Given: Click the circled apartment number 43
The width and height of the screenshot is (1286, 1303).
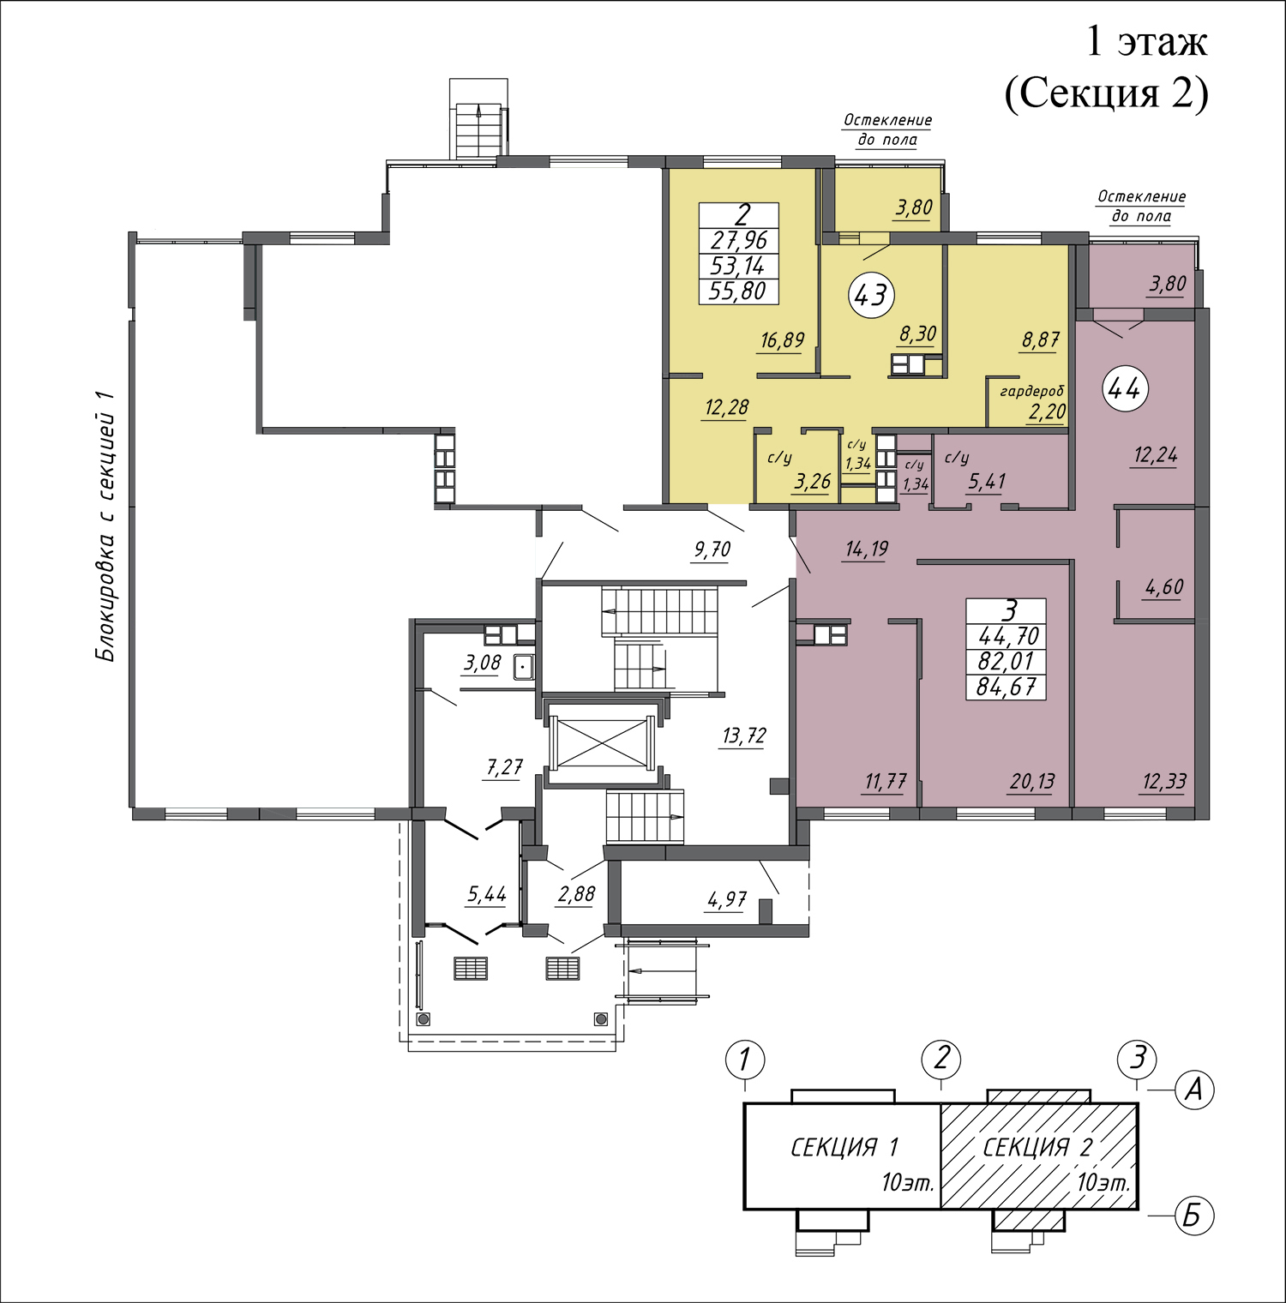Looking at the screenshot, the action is tap(871, 295).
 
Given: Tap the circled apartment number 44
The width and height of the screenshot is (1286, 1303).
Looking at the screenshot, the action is tap(1125, 389).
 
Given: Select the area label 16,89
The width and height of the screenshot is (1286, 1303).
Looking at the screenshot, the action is tap(782, 340).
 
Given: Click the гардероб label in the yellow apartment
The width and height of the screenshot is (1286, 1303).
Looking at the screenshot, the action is tap(1032, 392).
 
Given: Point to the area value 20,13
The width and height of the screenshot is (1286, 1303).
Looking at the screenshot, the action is tap(1032, 782).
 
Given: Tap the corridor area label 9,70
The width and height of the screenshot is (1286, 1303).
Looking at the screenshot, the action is tap(712, 549).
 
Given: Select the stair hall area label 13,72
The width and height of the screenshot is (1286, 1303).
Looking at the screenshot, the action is tap(743, 736).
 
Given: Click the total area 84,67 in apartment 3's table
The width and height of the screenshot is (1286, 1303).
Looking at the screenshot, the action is tap(1006, 687).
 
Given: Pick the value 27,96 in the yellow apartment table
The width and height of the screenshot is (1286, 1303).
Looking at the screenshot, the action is tap(739, 240).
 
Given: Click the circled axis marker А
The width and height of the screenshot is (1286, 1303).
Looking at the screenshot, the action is tap(1193, 1090).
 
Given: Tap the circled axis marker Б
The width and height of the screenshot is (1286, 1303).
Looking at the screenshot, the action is tap(1193, 1216).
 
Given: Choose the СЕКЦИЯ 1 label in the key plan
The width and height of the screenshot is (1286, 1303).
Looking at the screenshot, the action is tap(844, 1147).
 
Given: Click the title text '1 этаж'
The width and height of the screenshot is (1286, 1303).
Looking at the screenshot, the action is tap(1146, 41).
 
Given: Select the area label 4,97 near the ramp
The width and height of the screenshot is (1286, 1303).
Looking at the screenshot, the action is tap(726, 900).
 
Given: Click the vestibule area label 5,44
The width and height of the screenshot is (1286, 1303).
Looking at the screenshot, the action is tap(487, 895).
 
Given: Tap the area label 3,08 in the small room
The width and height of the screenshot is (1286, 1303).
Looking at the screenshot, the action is tap(482, 663).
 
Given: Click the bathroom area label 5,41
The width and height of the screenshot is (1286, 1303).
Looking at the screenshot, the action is tap(987, 482).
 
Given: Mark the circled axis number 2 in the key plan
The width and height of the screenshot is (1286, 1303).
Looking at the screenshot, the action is tap(941, 1060).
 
